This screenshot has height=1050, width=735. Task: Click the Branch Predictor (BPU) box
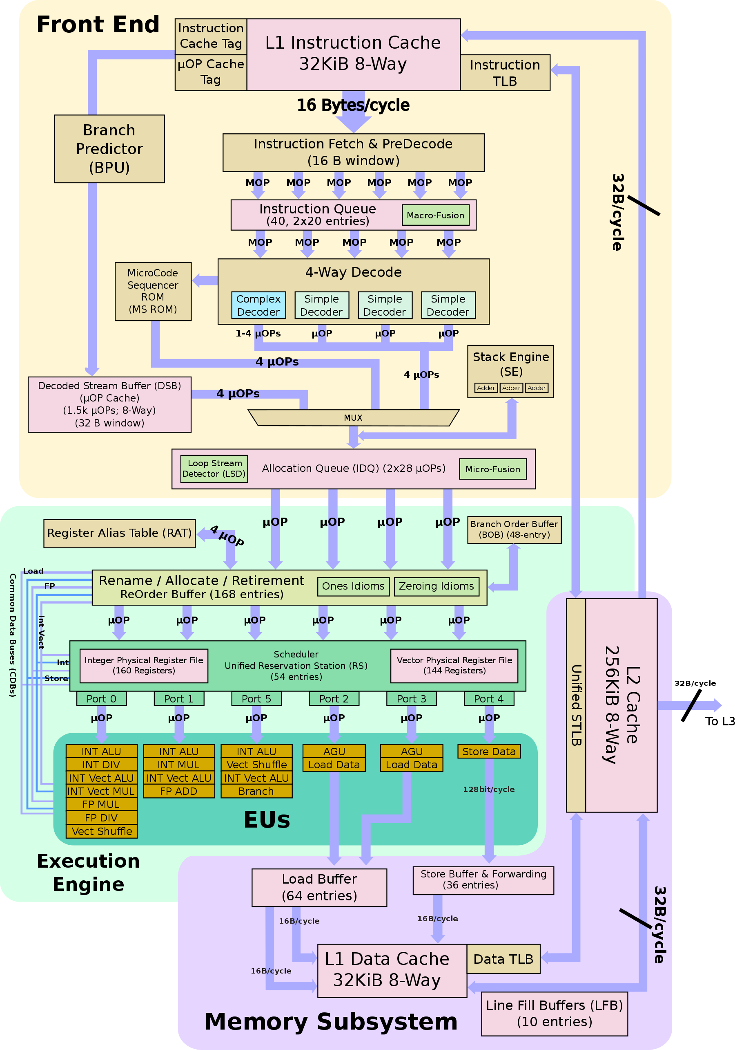coord(109,149)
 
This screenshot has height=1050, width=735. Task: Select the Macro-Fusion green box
coord(435,215)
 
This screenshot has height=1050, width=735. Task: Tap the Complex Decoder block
coord(258,305)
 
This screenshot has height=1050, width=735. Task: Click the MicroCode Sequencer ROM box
coord(153,291)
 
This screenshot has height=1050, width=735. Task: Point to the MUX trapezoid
coord(353,417)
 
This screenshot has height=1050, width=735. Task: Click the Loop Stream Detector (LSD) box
coord(214,468)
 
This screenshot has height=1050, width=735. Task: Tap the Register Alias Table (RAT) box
coord(119,533)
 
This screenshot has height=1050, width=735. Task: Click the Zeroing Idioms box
coord(436,586)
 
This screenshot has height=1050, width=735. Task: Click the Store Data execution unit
coord(489,752)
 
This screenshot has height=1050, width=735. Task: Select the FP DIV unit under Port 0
coord(101,818)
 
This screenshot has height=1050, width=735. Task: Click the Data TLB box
coord(503,959)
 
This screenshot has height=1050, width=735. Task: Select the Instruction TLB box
coord(505,73)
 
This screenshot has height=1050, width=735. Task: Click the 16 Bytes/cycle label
coord(353,105)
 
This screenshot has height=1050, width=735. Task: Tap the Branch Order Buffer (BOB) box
coord(514,529)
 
